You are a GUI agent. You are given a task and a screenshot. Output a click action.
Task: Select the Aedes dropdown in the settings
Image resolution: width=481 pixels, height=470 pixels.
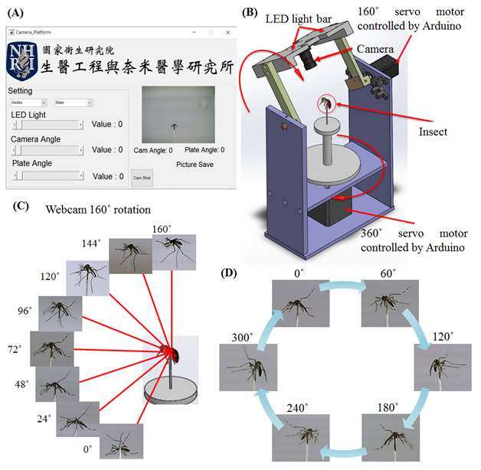pyautogui.click(x=28, y=102)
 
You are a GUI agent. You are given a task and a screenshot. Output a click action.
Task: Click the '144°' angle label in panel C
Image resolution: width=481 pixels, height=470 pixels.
pyautogui.click(x=91, y=243)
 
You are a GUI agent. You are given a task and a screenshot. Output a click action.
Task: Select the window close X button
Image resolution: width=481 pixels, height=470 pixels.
pyautogui.click(x=227, y=33)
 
